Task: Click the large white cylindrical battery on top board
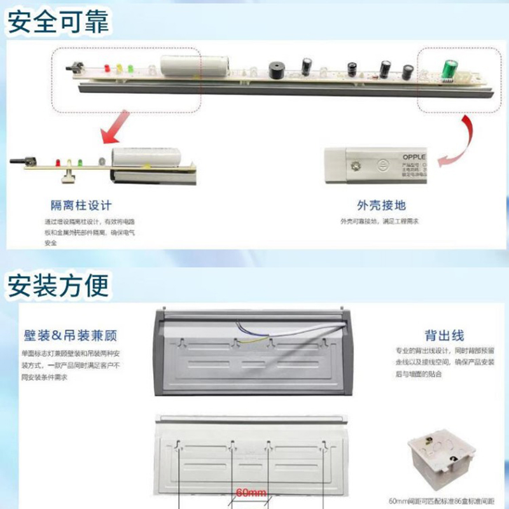180,67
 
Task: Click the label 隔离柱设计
81,205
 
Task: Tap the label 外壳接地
381,205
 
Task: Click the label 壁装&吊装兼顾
70,335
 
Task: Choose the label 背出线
444,335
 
